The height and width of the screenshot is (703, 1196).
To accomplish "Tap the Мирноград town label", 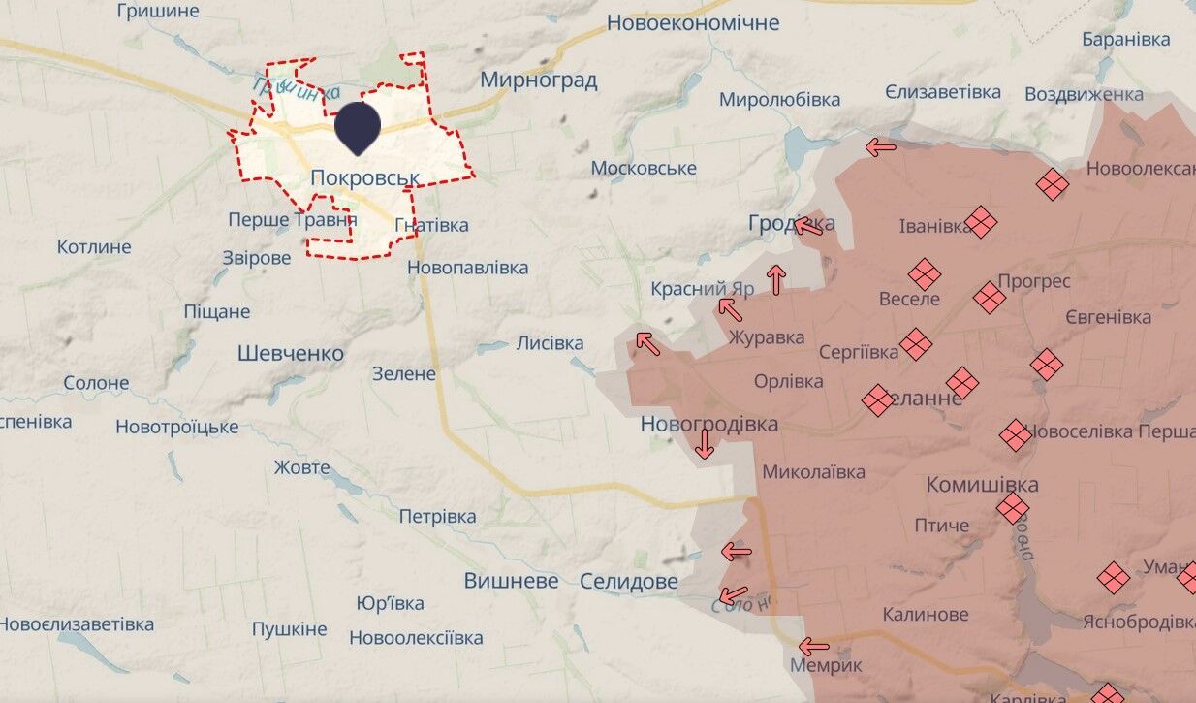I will point(538,80).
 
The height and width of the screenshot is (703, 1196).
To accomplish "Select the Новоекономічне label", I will point(693,22).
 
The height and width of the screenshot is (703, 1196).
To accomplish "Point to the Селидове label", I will point(629,581).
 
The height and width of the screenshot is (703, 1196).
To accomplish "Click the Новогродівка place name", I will point(708,424).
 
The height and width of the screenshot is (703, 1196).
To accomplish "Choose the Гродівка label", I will point(791,223).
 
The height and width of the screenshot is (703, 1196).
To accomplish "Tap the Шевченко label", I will point(291,354).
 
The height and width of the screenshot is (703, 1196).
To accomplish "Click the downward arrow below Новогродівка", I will point(705,444).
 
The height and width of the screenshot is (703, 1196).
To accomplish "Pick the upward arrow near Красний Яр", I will point(775,279).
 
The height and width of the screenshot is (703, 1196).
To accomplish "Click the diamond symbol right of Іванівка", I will point(981,222).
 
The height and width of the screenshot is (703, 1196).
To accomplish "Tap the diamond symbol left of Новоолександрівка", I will point(1052,183).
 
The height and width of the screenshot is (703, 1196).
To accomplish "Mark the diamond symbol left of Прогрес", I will point(989,297).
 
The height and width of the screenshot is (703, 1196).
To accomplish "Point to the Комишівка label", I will point(983,484).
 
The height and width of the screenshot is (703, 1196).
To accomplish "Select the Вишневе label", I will point(511,581).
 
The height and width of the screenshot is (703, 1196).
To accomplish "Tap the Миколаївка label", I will point(814,472).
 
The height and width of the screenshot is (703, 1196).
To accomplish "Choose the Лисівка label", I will point(550,343).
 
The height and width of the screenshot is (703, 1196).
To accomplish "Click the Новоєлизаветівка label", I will point(77,623).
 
